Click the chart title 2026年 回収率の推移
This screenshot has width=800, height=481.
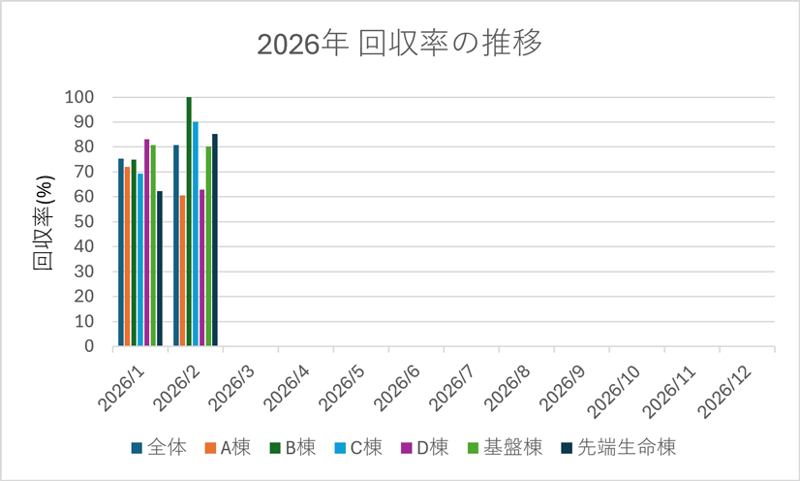(399, 45)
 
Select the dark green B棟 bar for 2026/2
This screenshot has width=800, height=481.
(189, 221)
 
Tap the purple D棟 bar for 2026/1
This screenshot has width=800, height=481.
(147, 242)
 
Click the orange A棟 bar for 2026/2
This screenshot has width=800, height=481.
(182, 271)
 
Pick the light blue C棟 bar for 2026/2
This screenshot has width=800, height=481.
(196, 234)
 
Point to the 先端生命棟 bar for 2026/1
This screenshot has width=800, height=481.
(160, 269)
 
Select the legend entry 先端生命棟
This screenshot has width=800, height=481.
(626, 447)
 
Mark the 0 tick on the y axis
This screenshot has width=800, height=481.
(88, 346)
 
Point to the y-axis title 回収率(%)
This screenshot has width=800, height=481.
(44, 221)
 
